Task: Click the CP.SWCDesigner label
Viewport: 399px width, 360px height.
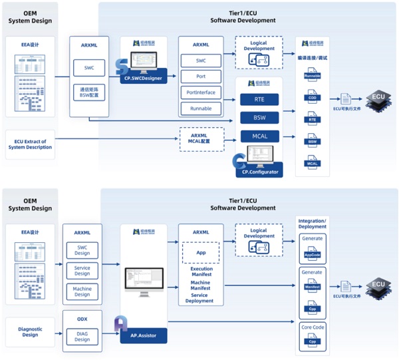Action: coord(144,79)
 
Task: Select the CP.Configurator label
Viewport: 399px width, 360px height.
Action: coord(257,172)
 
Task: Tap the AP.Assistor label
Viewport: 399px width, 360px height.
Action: coord(144,336)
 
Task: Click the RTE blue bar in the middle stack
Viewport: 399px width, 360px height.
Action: coord(261,100)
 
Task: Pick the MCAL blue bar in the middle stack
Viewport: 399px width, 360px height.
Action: coord(261,136)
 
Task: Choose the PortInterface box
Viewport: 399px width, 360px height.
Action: coord(200,92)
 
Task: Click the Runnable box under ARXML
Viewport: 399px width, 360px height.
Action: coord(200,108)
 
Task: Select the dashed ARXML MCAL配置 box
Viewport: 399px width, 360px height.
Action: coord(200,138)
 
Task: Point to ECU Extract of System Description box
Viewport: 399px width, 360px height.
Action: coord(30,144)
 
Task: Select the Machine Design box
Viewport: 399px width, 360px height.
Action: coord(82,291)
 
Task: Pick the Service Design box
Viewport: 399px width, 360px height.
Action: coord(82,270)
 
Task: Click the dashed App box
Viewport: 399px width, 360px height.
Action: coord(200,253)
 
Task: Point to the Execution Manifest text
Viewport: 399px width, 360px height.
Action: coord(200,272)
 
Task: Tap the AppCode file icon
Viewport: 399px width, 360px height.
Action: coord(312,254)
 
